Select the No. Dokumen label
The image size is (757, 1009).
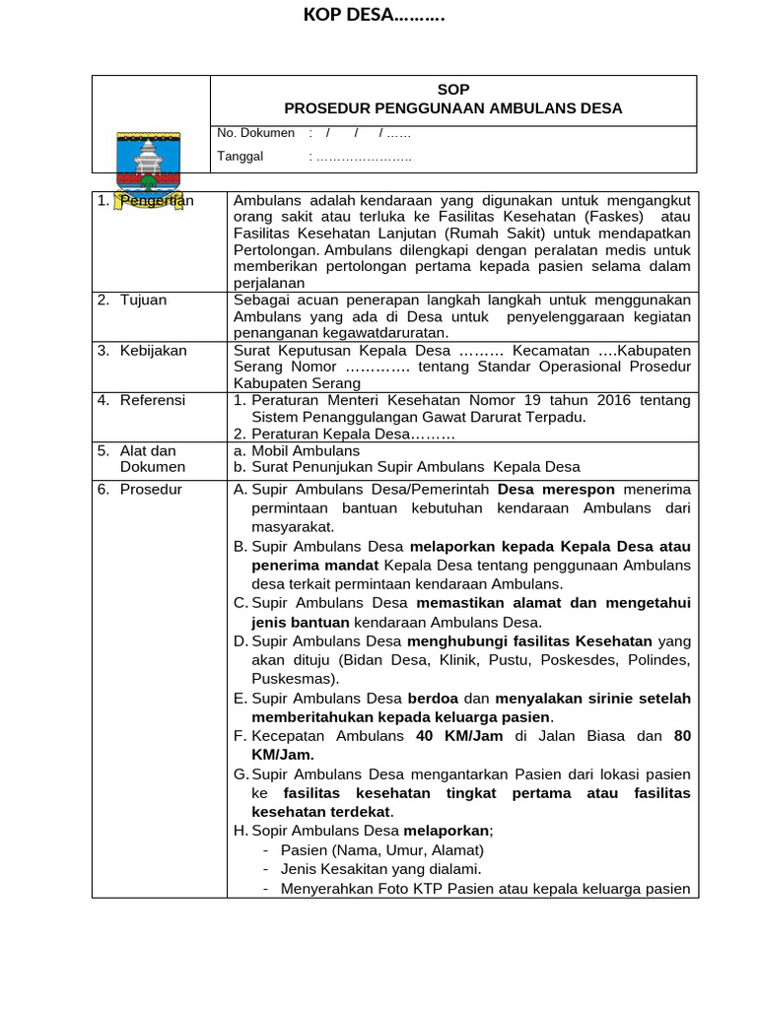tap(255, 132)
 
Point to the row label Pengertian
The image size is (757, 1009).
tap(157, 201)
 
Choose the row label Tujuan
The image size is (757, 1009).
tap(143, 301)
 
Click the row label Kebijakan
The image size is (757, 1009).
tap(153, 350)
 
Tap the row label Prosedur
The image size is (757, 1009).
tap(151, 489)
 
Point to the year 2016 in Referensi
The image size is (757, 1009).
tap(611, 400)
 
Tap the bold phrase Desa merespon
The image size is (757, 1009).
tap(556, 489)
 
